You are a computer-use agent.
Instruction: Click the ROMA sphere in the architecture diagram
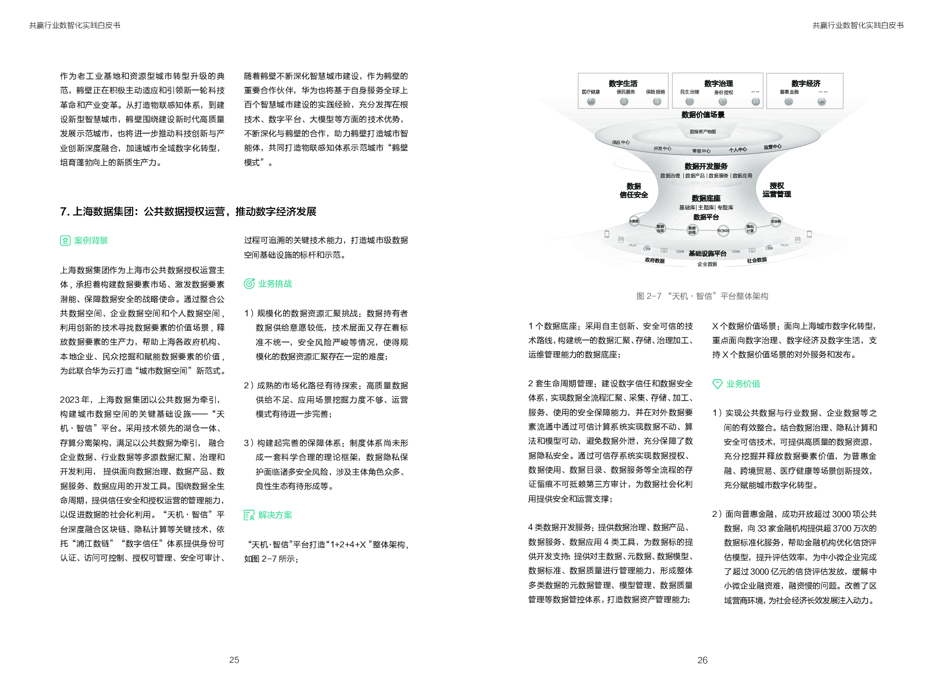coord(723,231)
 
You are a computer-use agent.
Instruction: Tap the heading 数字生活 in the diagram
coord(623,83)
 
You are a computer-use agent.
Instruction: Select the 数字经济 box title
coord(805,83)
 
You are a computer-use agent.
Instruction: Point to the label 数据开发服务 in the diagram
coord(706,166)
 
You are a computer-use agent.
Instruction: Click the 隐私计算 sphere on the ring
coord(750,229)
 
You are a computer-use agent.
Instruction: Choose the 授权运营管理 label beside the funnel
coord(776,190)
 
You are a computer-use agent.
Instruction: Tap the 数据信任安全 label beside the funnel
coord(633,190)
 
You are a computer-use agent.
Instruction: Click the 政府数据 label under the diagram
coord(654,261)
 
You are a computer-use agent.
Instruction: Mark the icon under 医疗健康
coord(591,102)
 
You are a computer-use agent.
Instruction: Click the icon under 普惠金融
coord(789,102)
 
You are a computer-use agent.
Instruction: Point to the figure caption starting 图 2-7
coord(702,296)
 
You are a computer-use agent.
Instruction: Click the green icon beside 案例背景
coord(65,241)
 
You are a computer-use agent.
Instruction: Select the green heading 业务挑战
coord(275,284)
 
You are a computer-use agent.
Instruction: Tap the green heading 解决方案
coord(275,515)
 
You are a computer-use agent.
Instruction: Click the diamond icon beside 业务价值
coord(717,384)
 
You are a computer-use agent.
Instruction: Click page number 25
coord(234,660)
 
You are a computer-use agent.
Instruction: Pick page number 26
coord(702,660)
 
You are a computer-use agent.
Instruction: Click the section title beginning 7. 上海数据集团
coord(188,211)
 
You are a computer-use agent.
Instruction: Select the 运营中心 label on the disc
coord(772,147)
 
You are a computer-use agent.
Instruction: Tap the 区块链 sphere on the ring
coord(775,222)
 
